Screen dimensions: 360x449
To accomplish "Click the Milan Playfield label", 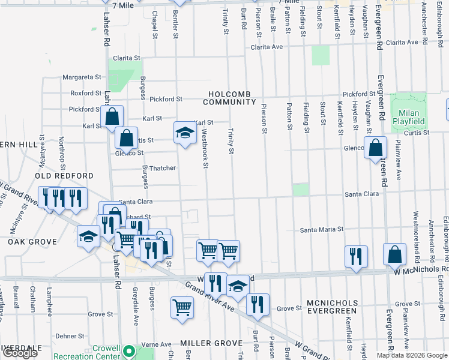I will pyautogui.click(x=409, y=116).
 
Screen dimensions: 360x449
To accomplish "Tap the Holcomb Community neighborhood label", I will pyautogui.click(x=233, y=98).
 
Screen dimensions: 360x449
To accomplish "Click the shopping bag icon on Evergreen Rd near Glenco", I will pyautogui.click(x=375, y=146).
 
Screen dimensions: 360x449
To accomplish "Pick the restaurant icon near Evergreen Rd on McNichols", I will pyautogui.click(x=356, y=256).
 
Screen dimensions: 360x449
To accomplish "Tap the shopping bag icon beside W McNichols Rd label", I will pyautogui.click(x=396, y=255).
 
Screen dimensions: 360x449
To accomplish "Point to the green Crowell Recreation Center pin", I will pyautogui.click(x=128, y=351).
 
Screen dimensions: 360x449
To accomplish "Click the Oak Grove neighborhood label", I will pyautogui.click(x=32, y=242).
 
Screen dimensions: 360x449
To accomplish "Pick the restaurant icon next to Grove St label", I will pyautogui.click(x=258, y=304).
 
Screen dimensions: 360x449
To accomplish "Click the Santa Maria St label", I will pyautogui.click(x=322, y=229).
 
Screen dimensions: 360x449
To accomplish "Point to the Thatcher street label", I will pyautogui.click(x=161, y=168).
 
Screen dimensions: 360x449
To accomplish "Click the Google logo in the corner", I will pyautogui.click(x=20, y=353).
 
